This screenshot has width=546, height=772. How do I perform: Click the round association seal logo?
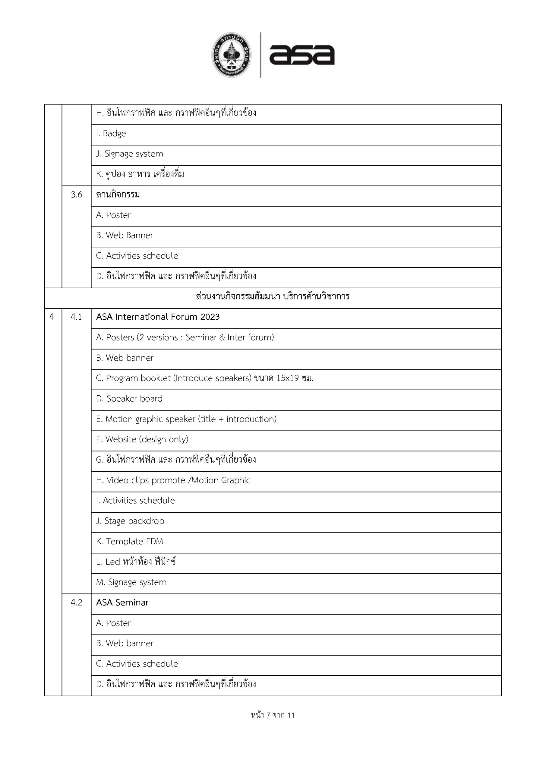tap(232, 55)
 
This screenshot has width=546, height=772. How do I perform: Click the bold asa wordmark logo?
tap(301, 55)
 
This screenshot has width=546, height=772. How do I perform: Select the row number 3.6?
tap(76, 195)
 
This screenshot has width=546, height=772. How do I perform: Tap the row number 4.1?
tap(76, 317)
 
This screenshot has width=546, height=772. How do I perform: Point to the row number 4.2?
tap(76, 603)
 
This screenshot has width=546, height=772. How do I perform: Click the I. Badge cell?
tap(111, 134)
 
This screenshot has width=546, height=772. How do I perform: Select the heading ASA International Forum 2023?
tap(158, 317)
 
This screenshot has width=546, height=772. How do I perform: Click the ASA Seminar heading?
tap(122, 603)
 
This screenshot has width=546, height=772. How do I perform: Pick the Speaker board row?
tap(129, 399)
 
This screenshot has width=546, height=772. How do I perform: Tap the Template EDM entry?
tap(129, 541)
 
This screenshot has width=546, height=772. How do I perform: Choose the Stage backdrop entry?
tap(130, 521)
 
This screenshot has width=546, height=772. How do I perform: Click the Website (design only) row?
tap(142, 439)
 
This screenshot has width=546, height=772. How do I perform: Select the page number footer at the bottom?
tap(273, 715)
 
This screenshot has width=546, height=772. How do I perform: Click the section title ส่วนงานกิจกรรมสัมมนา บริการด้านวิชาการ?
tap(273, 296)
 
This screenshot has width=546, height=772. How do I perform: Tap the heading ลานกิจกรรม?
tap(118, 195)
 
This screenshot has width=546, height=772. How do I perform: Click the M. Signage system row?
tap(131, 582)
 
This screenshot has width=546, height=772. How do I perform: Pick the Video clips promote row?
tap(173, 480)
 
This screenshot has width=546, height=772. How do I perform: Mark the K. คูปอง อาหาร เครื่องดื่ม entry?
tap(140, 174)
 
